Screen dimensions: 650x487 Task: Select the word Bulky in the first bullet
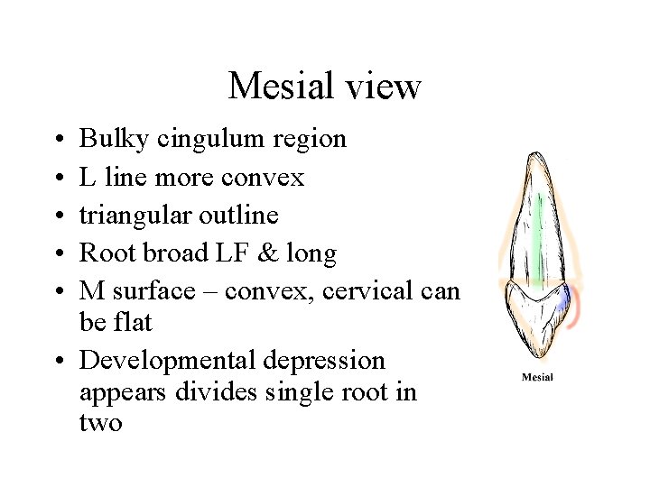pyautogui.click(x=115, y=139)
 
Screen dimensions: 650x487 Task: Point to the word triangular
pyautogui.click(x=134, y=216)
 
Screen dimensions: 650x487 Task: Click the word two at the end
pyautogui.click(x=100, y=422)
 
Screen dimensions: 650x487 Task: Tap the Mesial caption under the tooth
pyautogui.click(x=537, y=377)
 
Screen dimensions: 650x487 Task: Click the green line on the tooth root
pyautogui.click(x=538, y=243)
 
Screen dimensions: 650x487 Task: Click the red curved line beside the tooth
pyautogui.click(x=577, y=311)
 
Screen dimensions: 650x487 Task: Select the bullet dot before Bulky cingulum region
pyautogui.click(x=58, y=140)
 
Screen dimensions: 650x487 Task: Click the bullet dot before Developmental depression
pyautogui.click(x=58, y=362)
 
